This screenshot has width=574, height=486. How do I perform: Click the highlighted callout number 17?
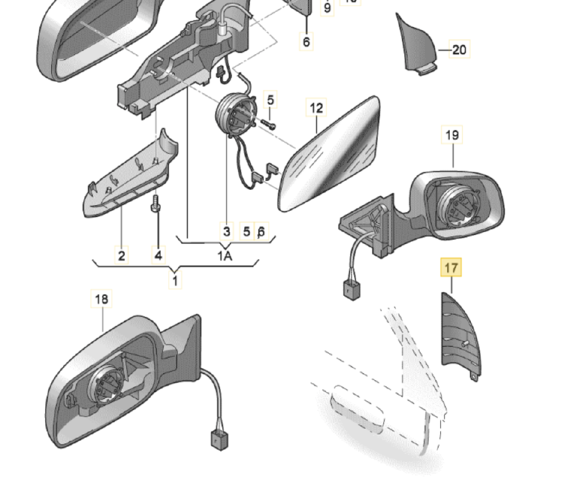pyautogui.click(x=451, y=268)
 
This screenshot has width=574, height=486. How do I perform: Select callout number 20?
pyautogui.click(x=459, y=49)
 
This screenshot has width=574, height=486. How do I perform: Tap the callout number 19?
pyautogui.click(x=452, y=135)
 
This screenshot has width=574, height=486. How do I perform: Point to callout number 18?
pyautogui.click(x=102, y=299)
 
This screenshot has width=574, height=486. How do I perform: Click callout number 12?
pyautogui.click(x=316, y=108)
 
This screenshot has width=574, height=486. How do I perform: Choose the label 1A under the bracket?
pyautogui.click(x=225, y=256)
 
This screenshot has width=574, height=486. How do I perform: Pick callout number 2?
pyautogui.click(x=122, y=255)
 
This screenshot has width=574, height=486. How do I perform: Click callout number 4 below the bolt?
pyautogui.click(x=158, y=255)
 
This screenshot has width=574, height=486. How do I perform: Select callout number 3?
pyautogui.click(x=226, y=231)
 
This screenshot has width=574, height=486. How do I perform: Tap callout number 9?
pyautogui.click(x=327, y=8)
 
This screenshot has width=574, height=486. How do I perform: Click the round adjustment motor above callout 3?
pyautogui.click(x=233, y=116)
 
